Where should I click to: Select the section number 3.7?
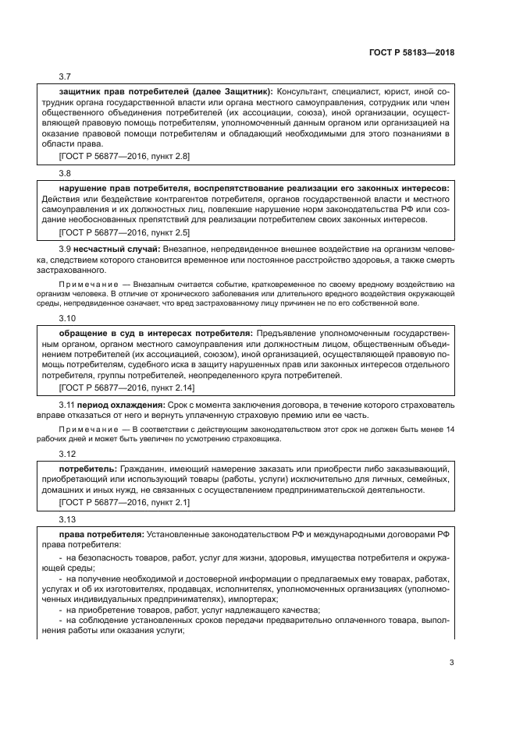point(65,76)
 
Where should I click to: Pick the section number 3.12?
point(67,452)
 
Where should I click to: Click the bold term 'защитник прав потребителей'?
point(118,92)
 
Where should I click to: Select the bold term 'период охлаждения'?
point(121,405)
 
